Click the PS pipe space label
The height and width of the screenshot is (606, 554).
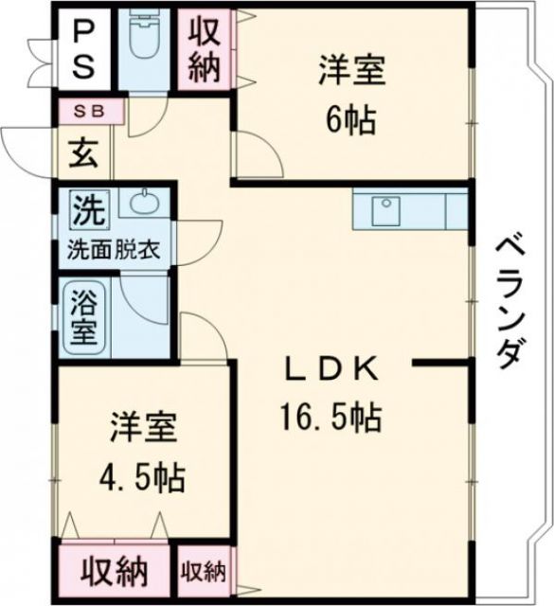pyautogui.click(x=84, y=49)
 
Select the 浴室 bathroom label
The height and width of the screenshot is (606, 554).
pyautogui.click(x=83, y=319)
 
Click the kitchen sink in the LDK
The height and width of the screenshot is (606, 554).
pyautogui.click(x=387, y=210)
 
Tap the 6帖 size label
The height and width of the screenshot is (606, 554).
pyautogui.click(x=351, y=119)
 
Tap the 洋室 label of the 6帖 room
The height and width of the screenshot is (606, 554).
pyautogui.click(x=351, y=69)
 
